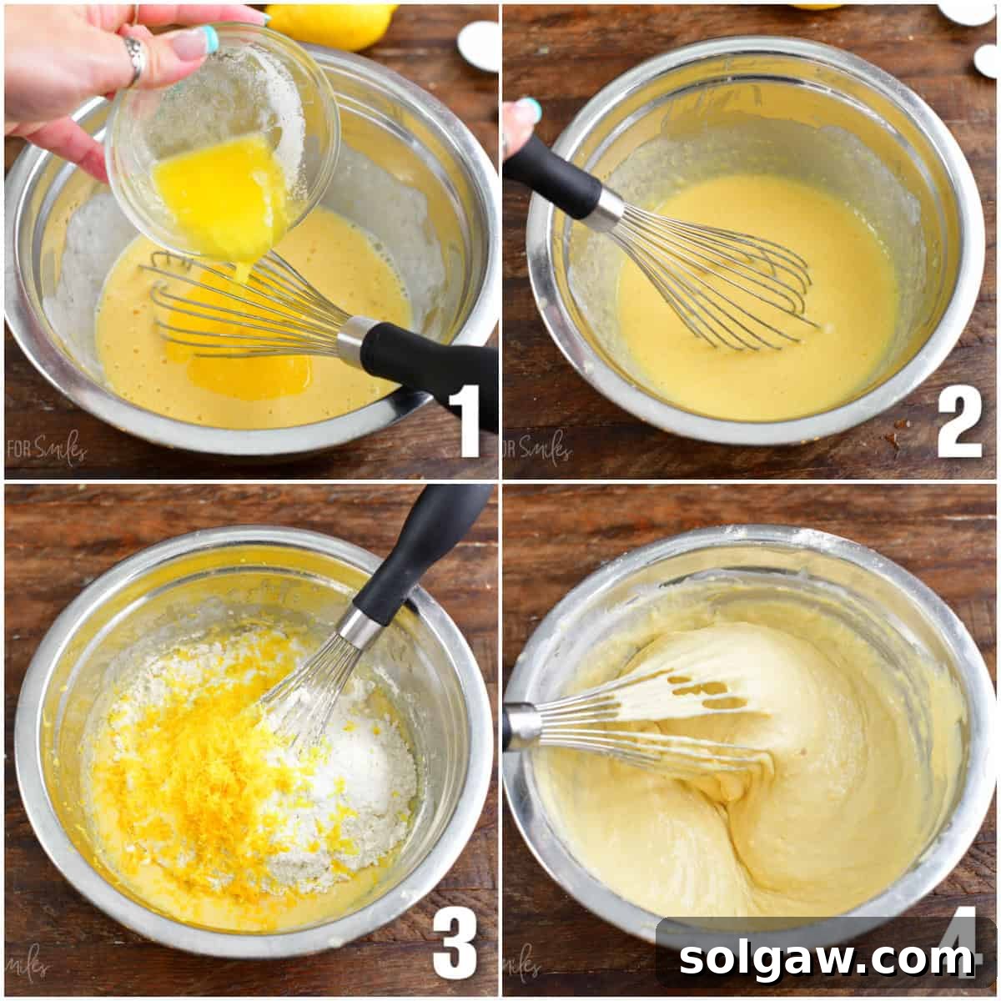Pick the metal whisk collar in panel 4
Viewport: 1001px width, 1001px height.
[521, 726]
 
